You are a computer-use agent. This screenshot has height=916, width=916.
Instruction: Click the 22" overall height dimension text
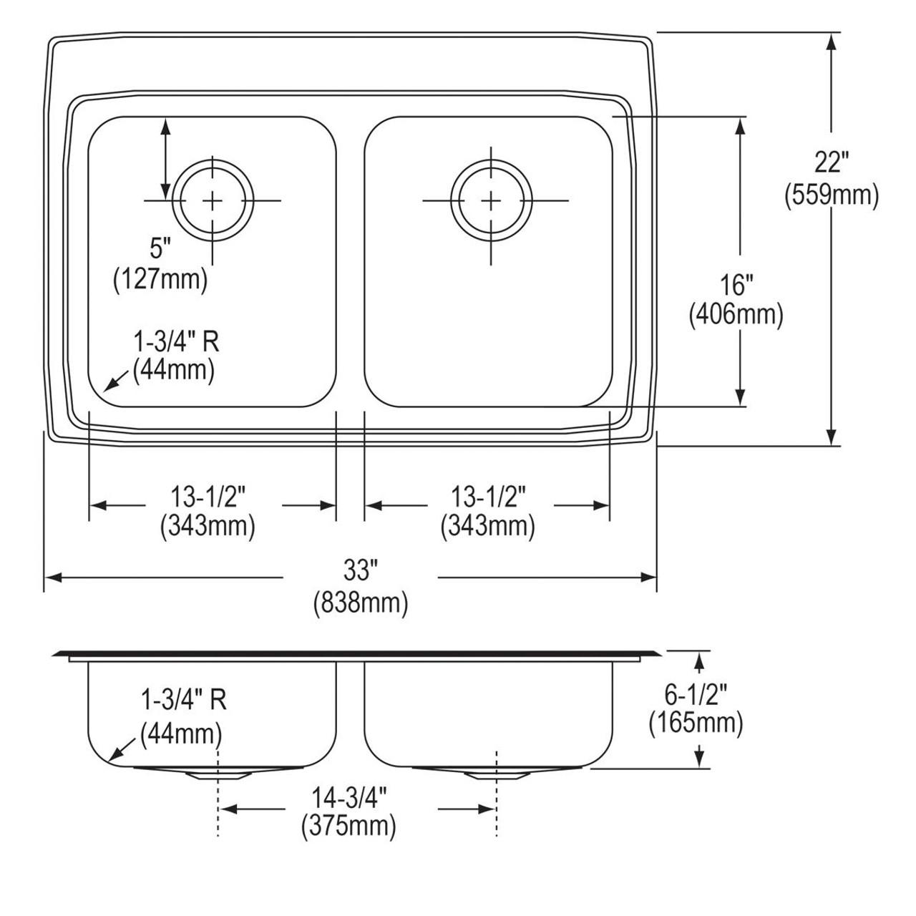(x=832, y=162)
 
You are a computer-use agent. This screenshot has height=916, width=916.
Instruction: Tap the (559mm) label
(x=832, y=195)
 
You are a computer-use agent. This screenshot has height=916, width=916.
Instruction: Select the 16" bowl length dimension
(x=736, y=286)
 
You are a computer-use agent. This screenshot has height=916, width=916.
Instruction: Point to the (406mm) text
(x=736, y=315)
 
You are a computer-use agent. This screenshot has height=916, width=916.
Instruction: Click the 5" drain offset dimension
(x=160, y=248)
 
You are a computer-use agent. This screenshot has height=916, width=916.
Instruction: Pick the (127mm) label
(x=160, y=280)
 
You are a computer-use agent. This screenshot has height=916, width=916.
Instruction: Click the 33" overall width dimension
(x=360, y=570)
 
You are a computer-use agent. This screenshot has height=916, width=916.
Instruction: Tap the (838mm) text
(x=360, y=603)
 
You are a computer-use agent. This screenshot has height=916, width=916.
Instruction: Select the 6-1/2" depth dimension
(x=696, y=695)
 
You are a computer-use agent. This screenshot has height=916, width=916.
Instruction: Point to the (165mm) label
(x=696, y=723)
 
